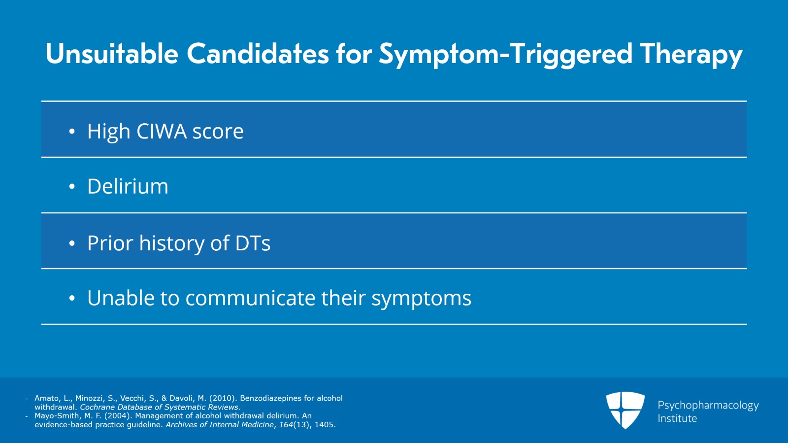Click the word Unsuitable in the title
111,54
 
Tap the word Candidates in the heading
257,54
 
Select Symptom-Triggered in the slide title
505,54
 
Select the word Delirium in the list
128,186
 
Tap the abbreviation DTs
253,243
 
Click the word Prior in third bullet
110,243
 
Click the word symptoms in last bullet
421,298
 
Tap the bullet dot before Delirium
72,187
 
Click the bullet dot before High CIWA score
72,132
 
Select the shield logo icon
625,409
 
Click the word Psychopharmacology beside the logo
708,405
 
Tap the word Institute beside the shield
677,418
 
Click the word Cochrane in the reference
96,407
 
